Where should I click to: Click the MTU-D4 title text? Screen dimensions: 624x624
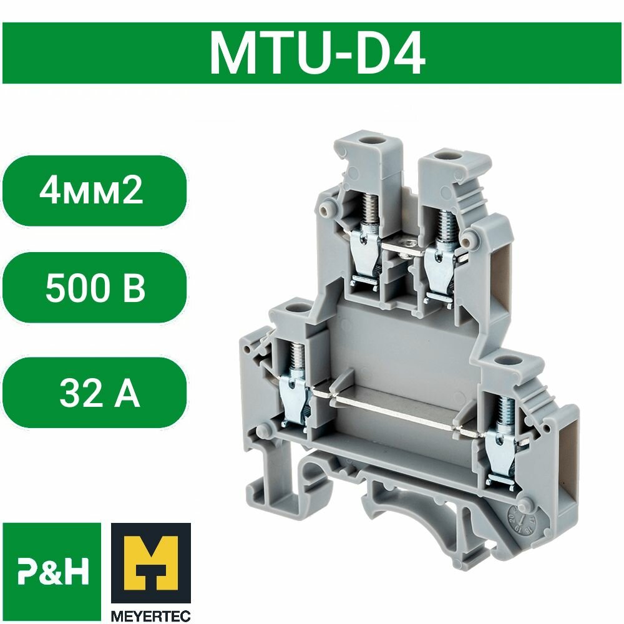pos(317,54)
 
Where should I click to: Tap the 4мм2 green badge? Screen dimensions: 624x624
pos(92,190)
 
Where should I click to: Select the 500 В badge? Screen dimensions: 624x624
pos(95,288)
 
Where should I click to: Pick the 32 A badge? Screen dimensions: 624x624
pos(99,394)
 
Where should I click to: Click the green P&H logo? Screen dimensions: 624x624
pos(52,573)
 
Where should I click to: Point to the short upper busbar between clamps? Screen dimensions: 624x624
pos(404,246)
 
